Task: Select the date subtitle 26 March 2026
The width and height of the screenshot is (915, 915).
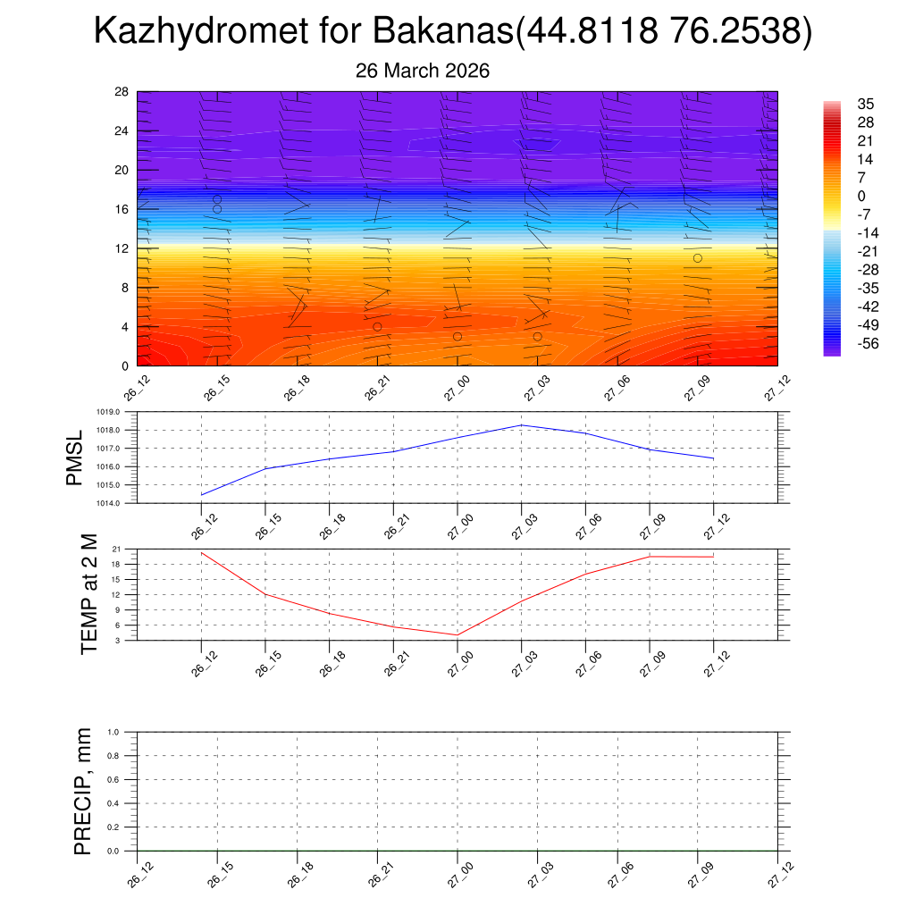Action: [423, 71]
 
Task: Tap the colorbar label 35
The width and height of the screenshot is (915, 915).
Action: [865, 104]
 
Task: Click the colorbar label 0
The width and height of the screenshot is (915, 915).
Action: [861, 197]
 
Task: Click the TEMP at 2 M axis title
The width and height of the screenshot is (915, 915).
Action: [88, 593]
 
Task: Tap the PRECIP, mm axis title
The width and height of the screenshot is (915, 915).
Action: [83, 791]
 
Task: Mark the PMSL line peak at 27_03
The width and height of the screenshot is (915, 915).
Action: [522, 425]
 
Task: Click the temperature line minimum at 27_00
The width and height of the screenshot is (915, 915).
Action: [457, 635]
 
